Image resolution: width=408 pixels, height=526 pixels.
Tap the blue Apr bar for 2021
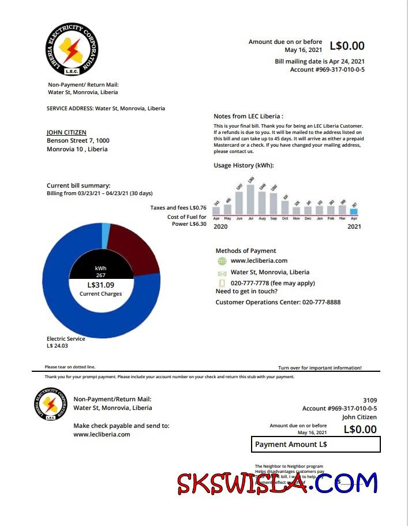pos(354,211)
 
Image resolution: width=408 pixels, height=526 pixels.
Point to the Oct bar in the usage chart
pos(285,207)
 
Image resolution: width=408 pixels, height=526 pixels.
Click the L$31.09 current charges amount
pos(101,285)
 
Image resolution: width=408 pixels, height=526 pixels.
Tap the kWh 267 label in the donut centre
pos(101,271)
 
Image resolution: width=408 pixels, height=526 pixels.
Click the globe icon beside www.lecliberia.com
pos(222,261)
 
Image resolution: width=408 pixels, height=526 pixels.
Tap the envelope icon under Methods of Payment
pos(222,273)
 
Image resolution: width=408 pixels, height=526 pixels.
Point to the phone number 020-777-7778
pos(254,283)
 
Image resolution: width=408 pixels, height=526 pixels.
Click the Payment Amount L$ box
pos(316,444)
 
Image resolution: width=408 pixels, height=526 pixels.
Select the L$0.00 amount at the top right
pos(347,46)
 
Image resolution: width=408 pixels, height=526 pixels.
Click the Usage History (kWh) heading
pos(244,166)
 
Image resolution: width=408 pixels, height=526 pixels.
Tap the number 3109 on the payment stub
pos(369,400)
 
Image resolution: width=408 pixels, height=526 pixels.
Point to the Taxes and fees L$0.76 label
pos(178,208)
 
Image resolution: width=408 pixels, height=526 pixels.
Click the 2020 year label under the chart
pos(221,227)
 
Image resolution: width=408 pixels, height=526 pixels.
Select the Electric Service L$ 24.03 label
pos(66,342)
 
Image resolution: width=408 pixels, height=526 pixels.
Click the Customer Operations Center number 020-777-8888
pos(321,302)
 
